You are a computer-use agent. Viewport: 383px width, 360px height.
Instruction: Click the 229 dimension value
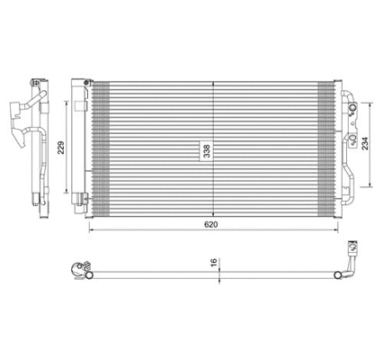point(61,148)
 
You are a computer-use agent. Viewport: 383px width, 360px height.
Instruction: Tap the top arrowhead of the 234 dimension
point(371,103)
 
